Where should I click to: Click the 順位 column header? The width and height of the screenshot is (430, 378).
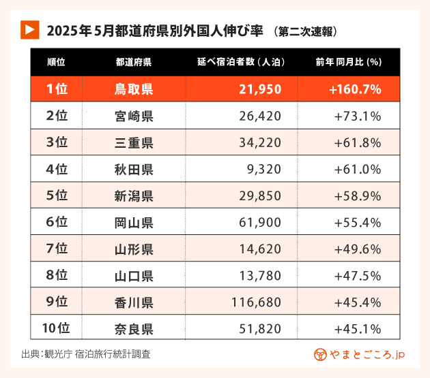pyautogui.click(x=56, y=62)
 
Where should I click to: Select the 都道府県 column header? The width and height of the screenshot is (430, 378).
pyautogui.click(x=134, y=62)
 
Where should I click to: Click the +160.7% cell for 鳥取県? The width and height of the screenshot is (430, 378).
pyautogui.click(x=354, y=89)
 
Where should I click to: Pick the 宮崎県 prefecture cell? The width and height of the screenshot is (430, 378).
pyautogui.click(x=134, y=116)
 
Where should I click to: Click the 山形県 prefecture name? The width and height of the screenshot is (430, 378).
pyautogui.click(x=134, y=249)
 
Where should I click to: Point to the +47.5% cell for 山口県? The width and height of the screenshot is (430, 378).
pyautogui.click(x=357, y=276)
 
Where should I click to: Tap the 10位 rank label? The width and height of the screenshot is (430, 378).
pyautogui.click(x=57, y=329)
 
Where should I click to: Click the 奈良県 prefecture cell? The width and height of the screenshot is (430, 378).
pyautogui.click(x=134, y=329)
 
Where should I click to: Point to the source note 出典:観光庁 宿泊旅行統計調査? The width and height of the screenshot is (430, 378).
pyautogui.click(x=86, y=354)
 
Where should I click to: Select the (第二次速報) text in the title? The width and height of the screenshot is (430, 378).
pyautogui.click(x=304, y=31)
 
